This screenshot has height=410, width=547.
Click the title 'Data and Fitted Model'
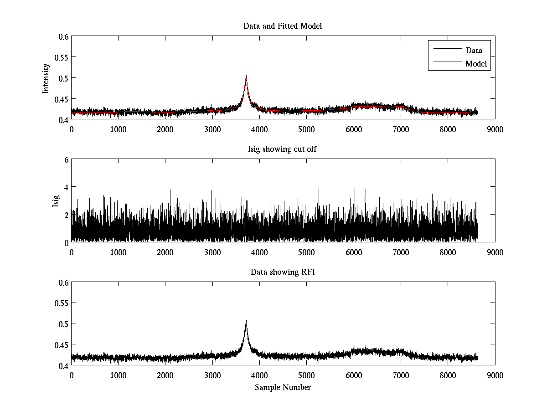pyautogui.click(x=283, y=26)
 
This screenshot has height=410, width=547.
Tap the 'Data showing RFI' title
pyautogui.click(x=283, y=272)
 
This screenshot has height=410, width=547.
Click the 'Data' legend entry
pyautogui.click(x=474, y=51)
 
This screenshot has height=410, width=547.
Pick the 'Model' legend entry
pyautogui.click(x=476, y=64)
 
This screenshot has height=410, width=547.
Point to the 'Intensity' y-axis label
pyautogui.click(x=46, y=78)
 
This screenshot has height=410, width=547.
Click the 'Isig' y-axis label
pyautogui.click(x=56, y=201)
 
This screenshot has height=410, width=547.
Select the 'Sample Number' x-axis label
pyautogui.click(x=283, y=387)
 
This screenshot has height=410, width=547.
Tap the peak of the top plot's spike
pyautogui.click(x=246, y=76)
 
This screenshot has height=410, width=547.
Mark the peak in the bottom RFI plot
pyautogui.click(x=246, y=321)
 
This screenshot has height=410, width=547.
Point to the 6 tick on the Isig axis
pyautogui.click(x=66, y=159)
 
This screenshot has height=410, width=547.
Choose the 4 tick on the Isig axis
pyautogui.click(x=66, y=187)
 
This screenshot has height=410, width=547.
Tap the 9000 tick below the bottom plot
pyautogui.click(x=495, y=375)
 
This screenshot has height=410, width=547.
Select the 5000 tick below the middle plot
pyautogui.click(x=306, y=252)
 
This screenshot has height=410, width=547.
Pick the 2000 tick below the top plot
pyautogui.click(x=165, y=129)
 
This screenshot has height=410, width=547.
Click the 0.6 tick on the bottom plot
pyautogui.click(x=63, y=282)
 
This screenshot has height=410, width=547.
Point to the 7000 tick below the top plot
pyautogui.click(x=401, y=129)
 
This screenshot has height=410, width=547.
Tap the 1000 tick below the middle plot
pyautogui.click(x=118, y=252)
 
